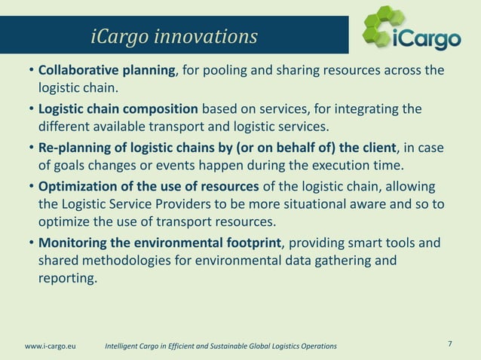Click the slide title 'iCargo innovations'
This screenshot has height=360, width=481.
coord(173,35)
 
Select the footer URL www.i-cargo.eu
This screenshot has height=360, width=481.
coord(50,346)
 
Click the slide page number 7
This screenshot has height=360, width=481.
coord(450,344)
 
